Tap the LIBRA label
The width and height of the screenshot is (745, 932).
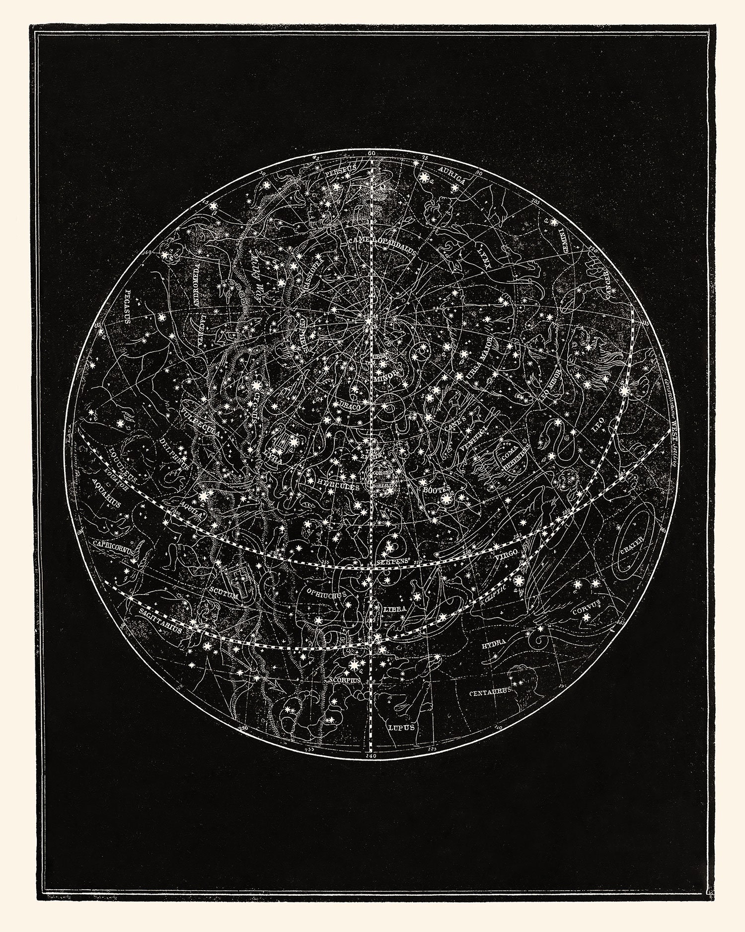(395, 608)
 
